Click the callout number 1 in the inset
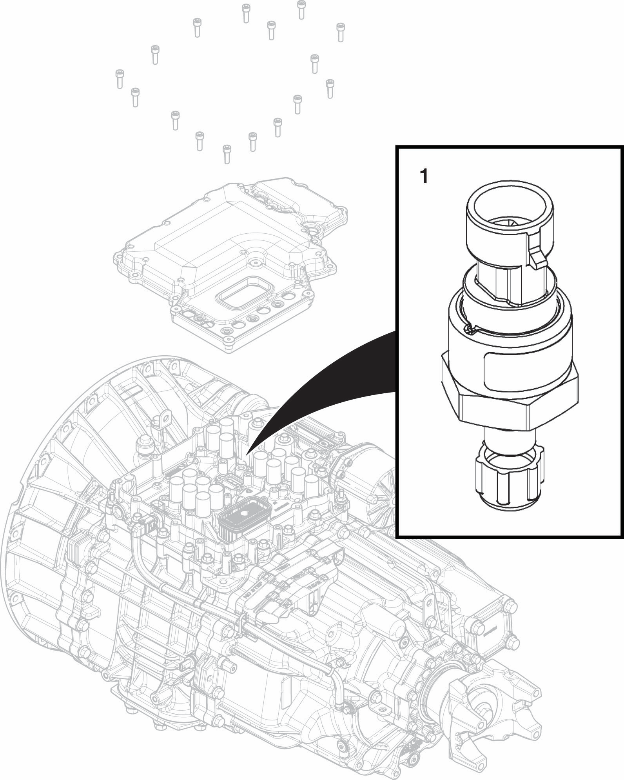coord(424,177)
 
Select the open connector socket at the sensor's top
coord(510,208)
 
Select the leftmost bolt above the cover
coord(119,78)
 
